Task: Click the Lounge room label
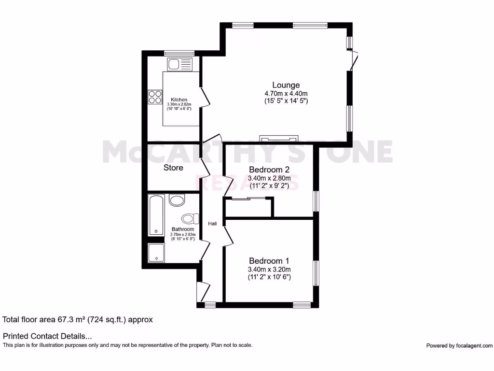(x=286, y=85)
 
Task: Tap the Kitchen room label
(x=179, y=100)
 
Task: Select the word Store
(x=173, y=168)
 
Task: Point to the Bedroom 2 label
(x=269, y=170)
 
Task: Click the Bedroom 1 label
(x=269, y=261)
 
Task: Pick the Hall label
(x=212, y=224)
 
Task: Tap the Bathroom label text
(x=183, y=229)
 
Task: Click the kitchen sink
(x=180, y=64)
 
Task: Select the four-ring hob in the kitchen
(x=155, y=97)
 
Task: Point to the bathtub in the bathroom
(x=156, y=215)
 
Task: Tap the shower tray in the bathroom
(x=156, y=253)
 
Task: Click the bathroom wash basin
(x=177, y=200)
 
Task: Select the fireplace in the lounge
(x=279, y=139)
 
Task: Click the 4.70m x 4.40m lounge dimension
(x=286, y=93)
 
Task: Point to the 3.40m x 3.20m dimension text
(x=269, y=270)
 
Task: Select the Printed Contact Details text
(x=47, y=336)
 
